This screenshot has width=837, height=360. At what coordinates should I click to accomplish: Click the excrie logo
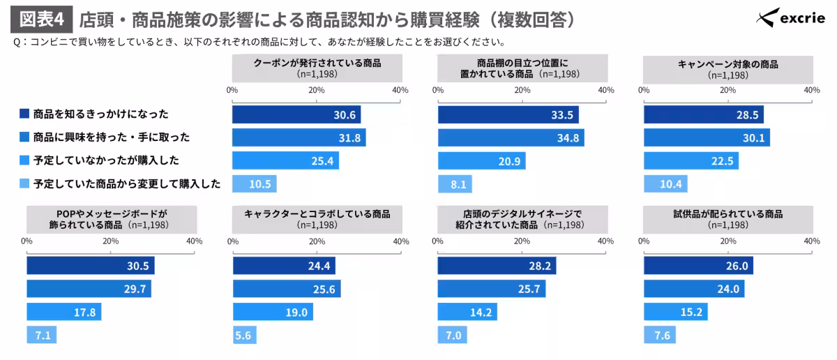click(x=792, y=18)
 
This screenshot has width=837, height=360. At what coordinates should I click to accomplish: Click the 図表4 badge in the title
click(x=40, y=19)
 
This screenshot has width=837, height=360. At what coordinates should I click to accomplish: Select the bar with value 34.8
click(x=511, y=137)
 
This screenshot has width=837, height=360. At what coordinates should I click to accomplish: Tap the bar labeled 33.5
click(x=508, y=115)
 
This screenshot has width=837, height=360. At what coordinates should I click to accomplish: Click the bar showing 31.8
click(x=299, y=137)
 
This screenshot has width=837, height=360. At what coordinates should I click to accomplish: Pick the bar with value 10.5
click(x=255, y=183)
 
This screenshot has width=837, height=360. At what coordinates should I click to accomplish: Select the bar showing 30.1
click(x=707, y=137)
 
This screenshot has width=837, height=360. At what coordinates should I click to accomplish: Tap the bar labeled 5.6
click(x=244, y=335)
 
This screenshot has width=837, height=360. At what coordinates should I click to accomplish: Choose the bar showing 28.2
click(x=497, y=266)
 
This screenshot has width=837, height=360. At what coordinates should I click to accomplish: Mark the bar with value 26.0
click(x=698, y=266)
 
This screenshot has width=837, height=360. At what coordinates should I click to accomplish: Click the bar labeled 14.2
click(x=467, y=312)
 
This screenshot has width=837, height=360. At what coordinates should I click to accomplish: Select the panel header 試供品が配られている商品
click(x=727, y=219)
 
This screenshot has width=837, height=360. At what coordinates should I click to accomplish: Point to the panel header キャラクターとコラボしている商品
click(x=317, y=219)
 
